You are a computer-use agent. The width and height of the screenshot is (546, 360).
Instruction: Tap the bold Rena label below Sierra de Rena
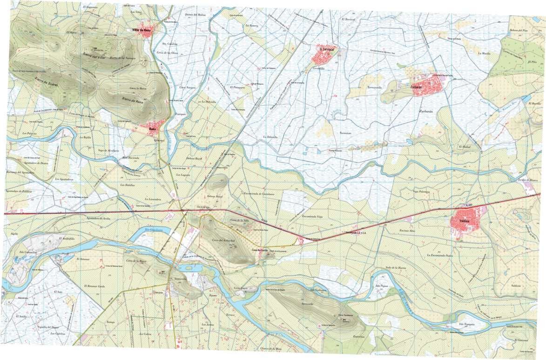152,129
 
